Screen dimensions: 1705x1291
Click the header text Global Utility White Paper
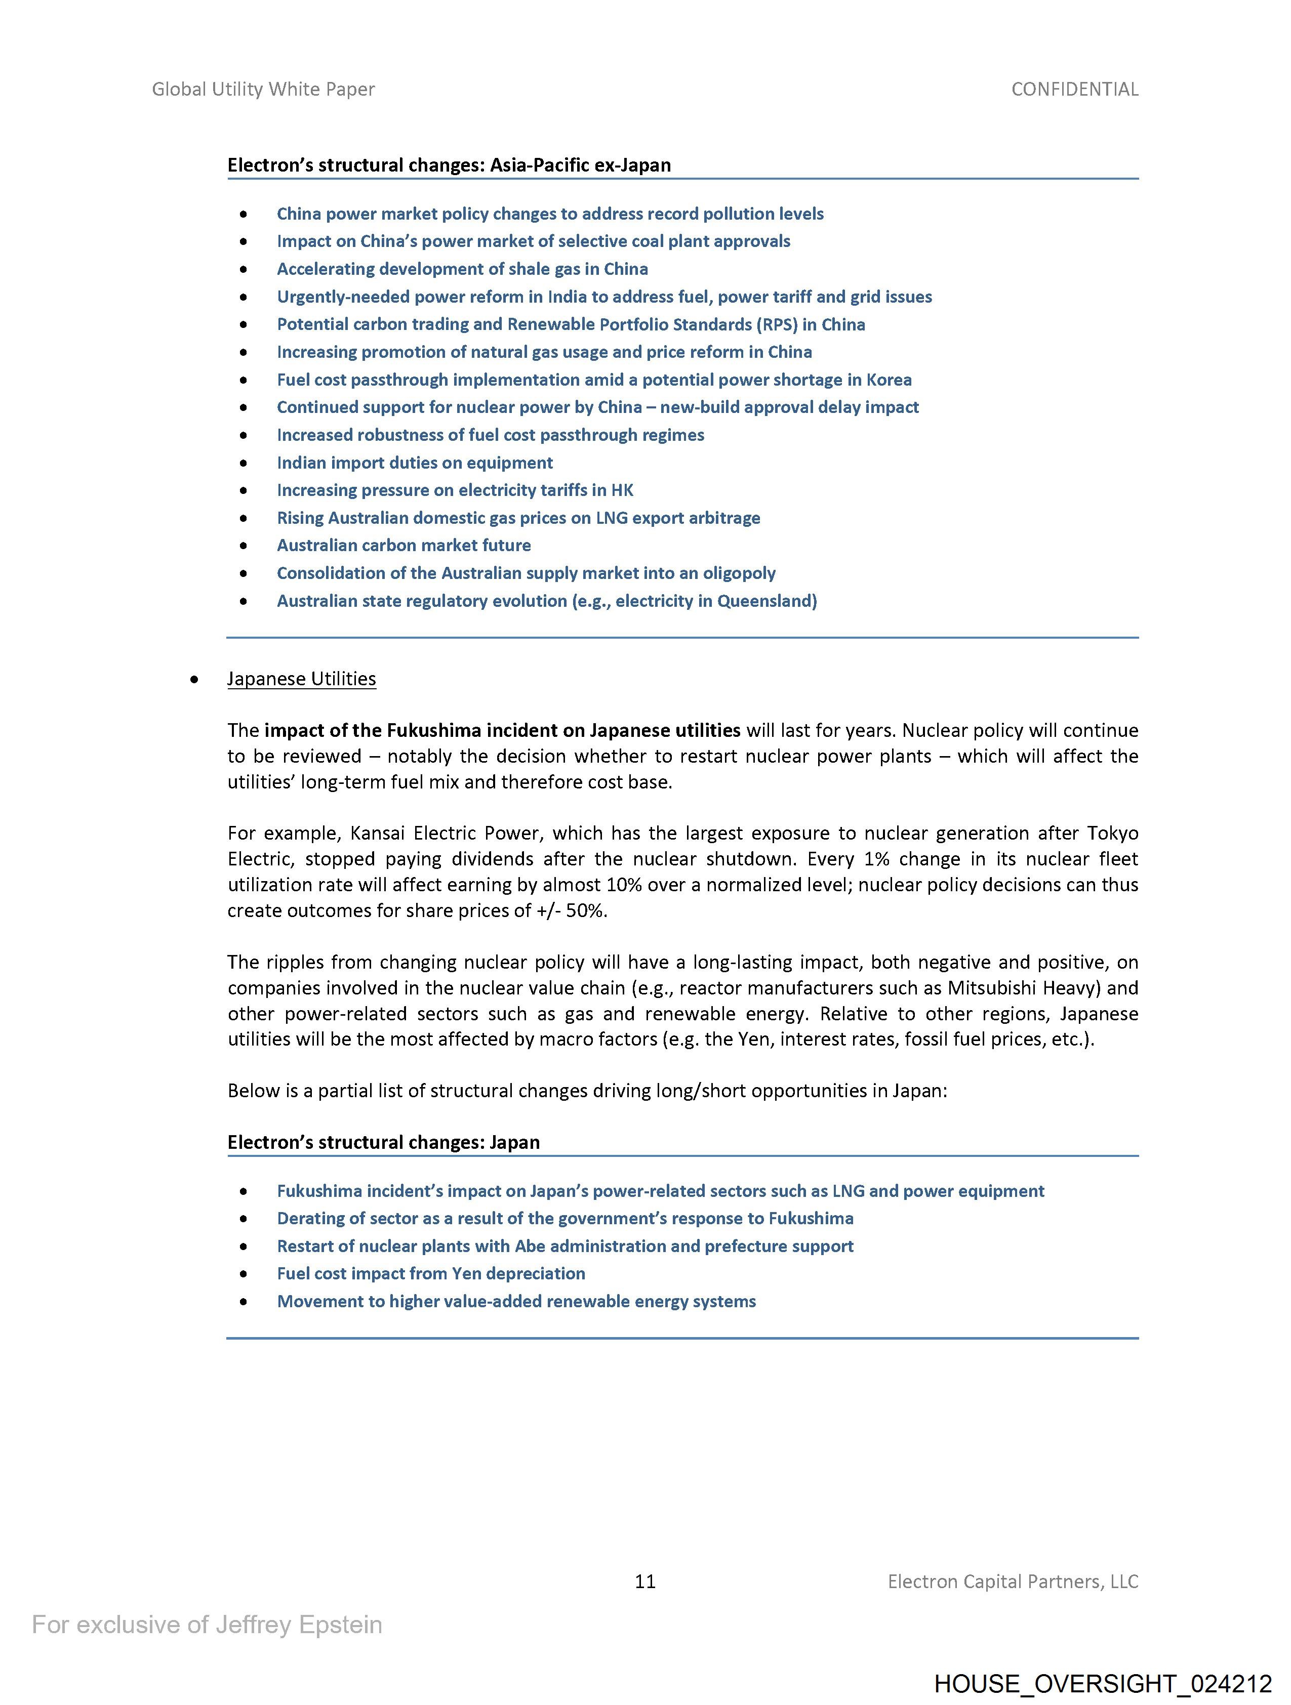pyautogui.click(x=263, y=90)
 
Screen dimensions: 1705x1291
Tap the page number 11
pyautogui.click(x=644, y=1581)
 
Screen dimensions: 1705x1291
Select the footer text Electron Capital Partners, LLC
pyautogui.click(x=1013, y=1581)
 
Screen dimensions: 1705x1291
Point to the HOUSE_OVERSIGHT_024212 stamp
pyautogui.click(x=1102, y=1683)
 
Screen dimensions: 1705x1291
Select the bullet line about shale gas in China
pyautogui.click(x=462, y=269)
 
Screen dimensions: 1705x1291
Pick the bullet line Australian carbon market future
pyautogui.click(x=404, y=545)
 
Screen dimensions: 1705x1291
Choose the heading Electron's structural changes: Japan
pyautogui.click(x=383, y=1142)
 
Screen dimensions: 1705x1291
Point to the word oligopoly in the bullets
pyautogui.click(x=739, y=573)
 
